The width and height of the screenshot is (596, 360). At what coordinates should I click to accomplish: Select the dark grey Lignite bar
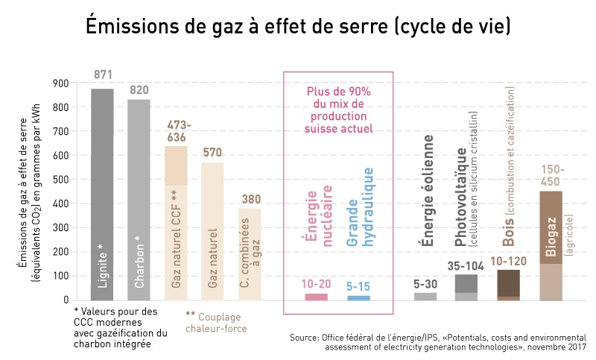103,194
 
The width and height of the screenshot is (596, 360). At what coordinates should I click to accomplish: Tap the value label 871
103,75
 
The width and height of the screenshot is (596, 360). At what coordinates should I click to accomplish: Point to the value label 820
139,90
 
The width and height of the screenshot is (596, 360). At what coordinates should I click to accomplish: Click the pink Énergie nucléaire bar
316,297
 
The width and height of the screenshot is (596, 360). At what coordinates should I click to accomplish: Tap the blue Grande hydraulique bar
359,297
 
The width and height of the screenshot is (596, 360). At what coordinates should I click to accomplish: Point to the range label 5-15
359,285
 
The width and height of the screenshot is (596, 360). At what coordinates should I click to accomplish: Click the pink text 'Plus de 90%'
339,92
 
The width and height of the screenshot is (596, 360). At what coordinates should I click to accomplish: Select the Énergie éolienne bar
425,296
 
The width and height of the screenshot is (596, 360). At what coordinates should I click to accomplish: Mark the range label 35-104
466,266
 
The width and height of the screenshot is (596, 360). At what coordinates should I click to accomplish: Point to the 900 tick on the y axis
60,83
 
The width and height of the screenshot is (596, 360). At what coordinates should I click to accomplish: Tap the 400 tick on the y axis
60,203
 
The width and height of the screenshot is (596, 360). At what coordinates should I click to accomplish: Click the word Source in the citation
305,338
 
